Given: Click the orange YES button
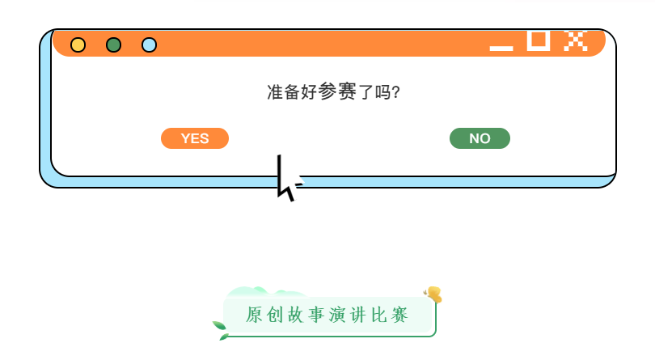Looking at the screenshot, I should [195, 138].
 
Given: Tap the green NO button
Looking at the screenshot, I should [480, 138].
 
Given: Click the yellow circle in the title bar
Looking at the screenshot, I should [78, 44].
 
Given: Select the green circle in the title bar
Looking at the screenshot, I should [114, 44].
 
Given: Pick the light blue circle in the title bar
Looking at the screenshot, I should [149, 44].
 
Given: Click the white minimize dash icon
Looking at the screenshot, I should [501, 48].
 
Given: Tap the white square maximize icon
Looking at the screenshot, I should [539, 40].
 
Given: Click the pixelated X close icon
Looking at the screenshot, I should [575, 40].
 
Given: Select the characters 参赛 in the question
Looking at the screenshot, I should [338, 91].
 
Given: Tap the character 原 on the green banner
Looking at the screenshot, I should [255, 315].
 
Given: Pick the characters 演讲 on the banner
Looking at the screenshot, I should [348, 315].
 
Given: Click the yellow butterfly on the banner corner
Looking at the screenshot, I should [434, 294].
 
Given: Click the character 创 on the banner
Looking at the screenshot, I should [276, 315].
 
